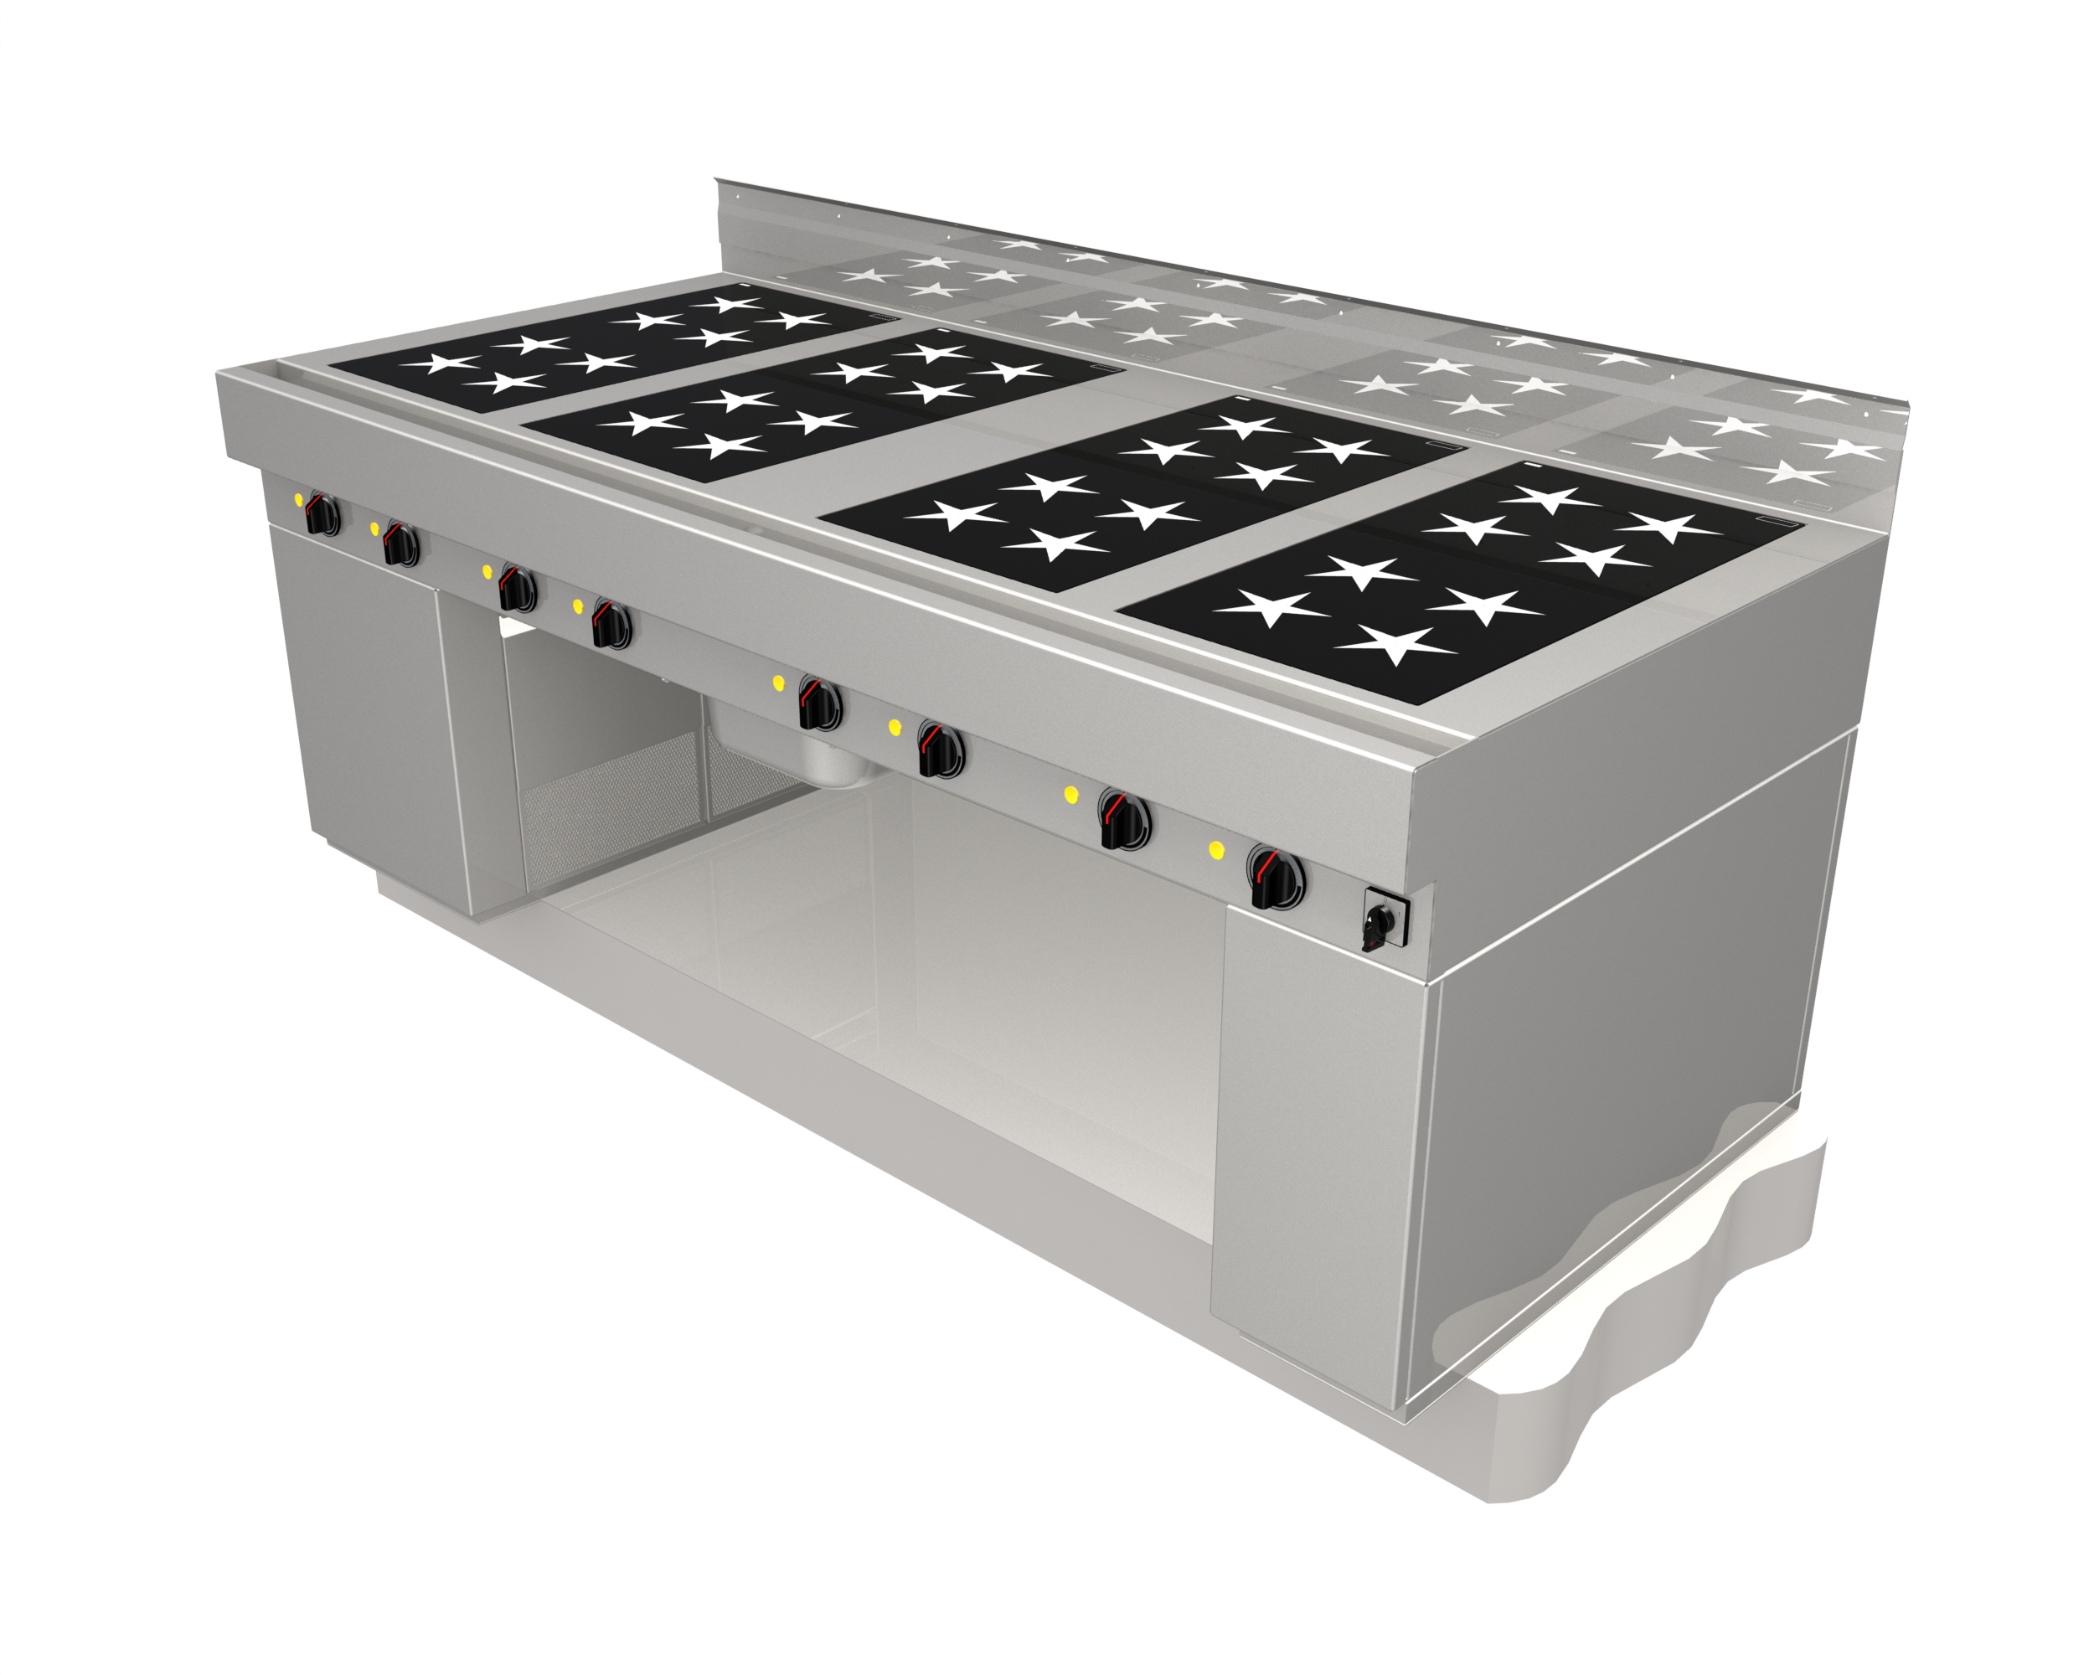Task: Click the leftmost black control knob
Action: (x=322, y=514)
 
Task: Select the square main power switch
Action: (x=1381, y=919)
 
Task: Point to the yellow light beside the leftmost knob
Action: (x=299, y=500)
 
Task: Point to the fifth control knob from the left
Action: (x=820, y=704)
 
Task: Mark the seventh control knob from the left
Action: (x=1124, y=821)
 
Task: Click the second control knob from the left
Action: (x=400, y=544)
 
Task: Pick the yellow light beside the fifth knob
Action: (x=778, y=683)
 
